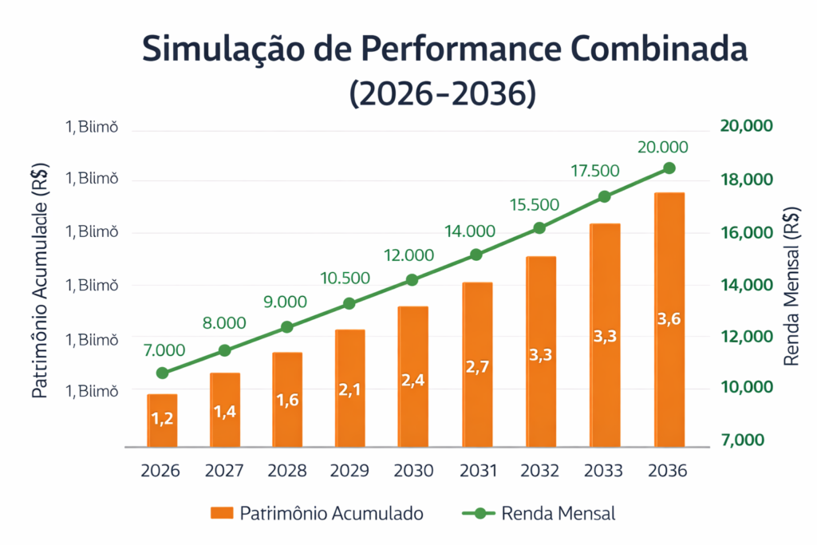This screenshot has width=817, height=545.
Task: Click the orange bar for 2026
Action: coord(162,421)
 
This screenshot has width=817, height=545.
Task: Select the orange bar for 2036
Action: coord(669,319)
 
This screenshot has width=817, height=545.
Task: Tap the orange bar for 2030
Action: coord(413,377)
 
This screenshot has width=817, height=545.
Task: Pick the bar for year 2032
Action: coord(540,351)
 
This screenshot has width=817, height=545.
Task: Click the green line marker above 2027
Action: coord(225,350)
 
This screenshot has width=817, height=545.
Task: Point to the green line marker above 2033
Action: coord(605,196)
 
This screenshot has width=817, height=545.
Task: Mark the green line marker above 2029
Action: coord(349,303)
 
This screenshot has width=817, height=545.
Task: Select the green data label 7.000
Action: coord(164,350)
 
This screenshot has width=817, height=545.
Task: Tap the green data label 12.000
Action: coord(408,255)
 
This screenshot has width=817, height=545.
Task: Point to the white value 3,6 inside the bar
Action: coord(669,319)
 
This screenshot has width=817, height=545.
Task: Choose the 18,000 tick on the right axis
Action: coord(746,180)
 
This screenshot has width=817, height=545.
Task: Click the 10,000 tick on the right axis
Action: coord(746,388)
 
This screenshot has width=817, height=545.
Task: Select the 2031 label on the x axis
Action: coord(477,471)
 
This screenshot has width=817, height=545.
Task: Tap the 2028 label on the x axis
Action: coord(287,471)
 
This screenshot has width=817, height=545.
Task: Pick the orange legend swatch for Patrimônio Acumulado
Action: coord(222,513)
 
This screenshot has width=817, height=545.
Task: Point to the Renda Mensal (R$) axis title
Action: coord(791,287)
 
